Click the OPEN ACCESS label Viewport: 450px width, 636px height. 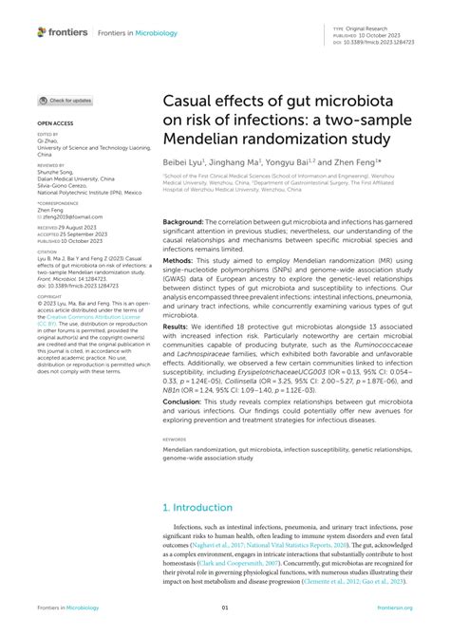click(55, 124)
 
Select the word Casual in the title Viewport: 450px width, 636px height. click(192, 103)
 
